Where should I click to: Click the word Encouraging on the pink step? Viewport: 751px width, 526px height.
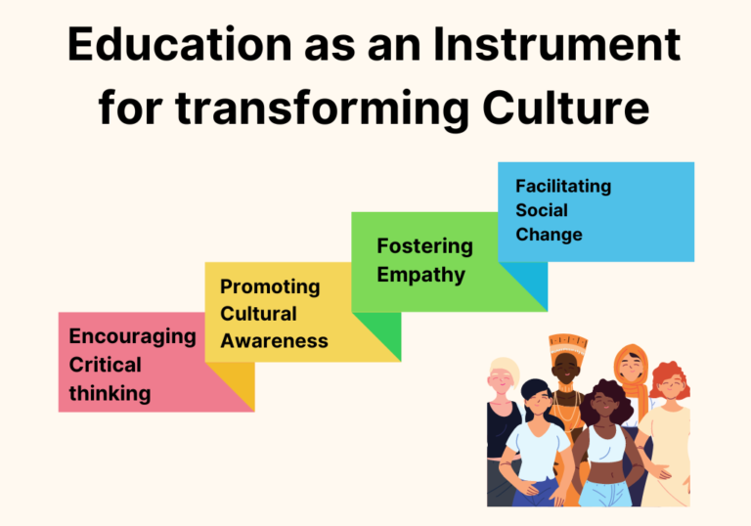(x=132, y=336)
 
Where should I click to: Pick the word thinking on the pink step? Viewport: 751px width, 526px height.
(x=110, y=394)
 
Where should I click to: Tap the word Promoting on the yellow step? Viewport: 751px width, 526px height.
(x=270, y=286)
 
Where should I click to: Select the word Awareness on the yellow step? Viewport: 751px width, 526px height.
(x=274, y=341)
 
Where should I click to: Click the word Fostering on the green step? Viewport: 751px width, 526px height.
(x=424, y=245)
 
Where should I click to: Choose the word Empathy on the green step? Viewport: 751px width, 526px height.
(x=421, y=275)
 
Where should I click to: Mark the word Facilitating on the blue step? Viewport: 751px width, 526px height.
(x=562, y=186)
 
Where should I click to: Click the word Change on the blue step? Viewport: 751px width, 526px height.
(x=549, y=235)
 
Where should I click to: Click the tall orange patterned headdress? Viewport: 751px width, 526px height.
(x=567, y=344)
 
